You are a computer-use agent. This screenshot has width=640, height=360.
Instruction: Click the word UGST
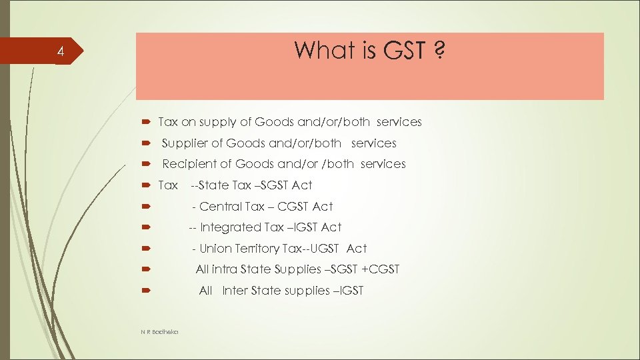[322, 249]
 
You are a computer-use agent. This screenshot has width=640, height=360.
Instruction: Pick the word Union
[214, 249]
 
